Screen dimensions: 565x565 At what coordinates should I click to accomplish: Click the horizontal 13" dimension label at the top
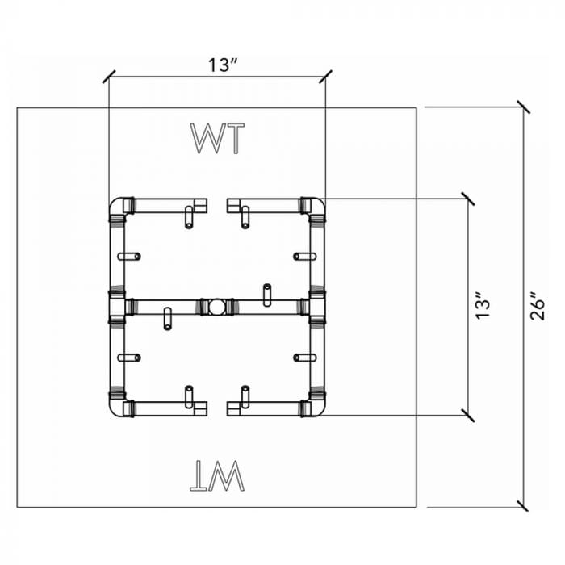[x=216, y=65]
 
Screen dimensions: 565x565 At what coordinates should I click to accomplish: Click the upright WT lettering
[x=216, y=138]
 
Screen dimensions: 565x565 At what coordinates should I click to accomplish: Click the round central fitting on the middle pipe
[x=216, y=307]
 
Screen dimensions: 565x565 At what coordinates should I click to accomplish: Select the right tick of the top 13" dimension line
[x=325, y=77]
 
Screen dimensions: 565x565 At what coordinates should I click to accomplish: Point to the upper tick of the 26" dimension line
[x=523, y=107]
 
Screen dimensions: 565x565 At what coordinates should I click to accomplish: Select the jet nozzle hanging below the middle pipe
[x=167, y=319]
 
